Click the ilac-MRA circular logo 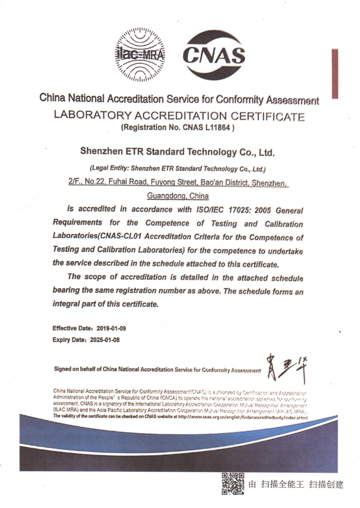coord(140,55)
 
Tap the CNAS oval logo coord(214,55)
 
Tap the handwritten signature coord(286,368)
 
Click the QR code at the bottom coord(233,484)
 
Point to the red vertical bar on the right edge coord(335,74)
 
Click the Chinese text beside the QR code coord(296,484)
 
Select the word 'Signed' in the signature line coord(63,369)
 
